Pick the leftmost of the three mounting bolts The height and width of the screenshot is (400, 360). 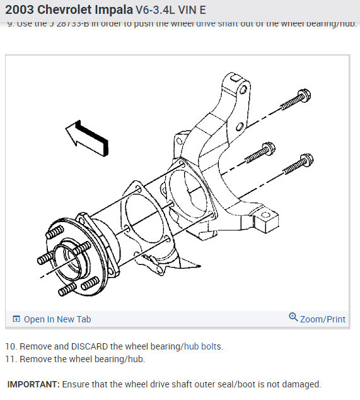[x=259, y=153]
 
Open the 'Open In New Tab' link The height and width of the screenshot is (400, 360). [x=57, y=319]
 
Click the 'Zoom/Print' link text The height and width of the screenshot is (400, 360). [x=323, y=319]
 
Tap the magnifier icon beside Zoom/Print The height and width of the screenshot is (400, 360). [x=293, y=317]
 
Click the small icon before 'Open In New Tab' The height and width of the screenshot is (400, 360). [x=16, y=319]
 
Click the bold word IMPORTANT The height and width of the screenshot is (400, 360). [x=33, y=384]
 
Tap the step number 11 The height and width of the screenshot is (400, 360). [x=11, y=359]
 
